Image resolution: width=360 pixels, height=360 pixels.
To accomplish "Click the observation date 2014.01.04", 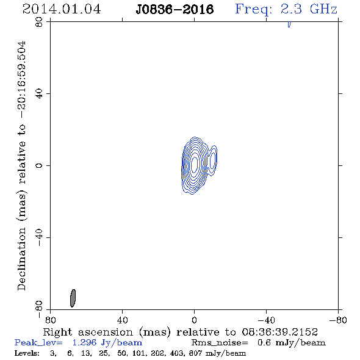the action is click(62, 9).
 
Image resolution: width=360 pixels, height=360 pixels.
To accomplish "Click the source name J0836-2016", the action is click(175, 10).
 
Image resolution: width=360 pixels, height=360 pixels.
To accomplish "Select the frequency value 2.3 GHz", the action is click(309, 9).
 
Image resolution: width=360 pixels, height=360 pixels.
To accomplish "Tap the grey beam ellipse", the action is click(73, 298).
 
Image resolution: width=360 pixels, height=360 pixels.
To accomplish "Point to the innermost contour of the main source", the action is click(195, 164).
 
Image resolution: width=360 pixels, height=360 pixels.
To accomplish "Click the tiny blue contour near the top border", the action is click(289, 24).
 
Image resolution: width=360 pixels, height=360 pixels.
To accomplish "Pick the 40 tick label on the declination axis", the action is click(40, 94).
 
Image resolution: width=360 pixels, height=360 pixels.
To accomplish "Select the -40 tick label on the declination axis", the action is click(40, 237).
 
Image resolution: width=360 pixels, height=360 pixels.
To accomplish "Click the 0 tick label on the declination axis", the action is click(40, 165).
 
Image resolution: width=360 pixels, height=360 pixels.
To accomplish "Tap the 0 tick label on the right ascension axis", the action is click(195, 320).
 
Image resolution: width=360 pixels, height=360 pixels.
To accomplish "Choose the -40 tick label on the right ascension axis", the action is click(266, 320).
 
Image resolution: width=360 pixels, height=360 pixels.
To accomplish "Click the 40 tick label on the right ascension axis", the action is click(123, 320).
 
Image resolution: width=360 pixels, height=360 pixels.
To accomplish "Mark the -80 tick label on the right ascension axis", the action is click(338, 320).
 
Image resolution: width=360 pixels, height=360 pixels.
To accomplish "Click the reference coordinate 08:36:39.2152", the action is click(280, 332).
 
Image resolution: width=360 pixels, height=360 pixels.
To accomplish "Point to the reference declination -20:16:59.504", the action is click(22, 80).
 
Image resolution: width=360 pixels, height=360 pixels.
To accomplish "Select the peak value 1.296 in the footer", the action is click(84, 342).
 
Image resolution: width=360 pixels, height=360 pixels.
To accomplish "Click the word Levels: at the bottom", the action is click(27, 353).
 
